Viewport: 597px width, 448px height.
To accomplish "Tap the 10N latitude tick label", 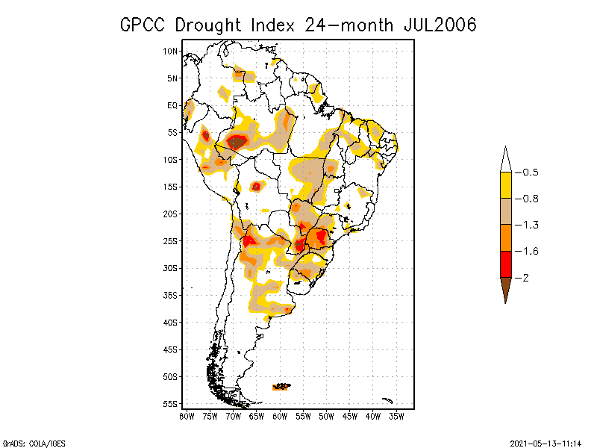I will [171, 51].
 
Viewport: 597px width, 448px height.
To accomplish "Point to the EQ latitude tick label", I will [172, 105].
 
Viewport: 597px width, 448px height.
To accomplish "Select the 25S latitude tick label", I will [171, 241].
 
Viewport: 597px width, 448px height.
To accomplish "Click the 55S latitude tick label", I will [171, 404].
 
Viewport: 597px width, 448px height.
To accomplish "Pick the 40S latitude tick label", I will [171, 323].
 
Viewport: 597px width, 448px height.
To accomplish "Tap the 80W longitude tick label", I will [187, 415].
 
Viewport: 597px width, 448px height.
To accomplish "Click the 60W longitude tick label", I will [280, 415].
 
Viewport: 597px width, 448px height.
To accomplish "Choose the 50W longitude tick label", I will [326, 415].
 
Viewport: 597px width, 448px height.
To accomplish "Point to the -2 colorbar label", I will [522, 278].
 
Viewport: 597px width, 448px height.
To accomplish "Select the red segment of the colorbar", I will [505, 264].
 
